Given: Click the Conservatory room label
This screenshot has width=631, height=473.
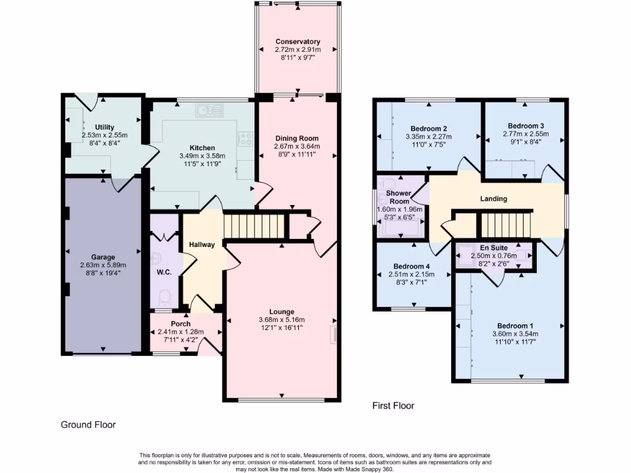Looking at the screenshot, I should [298, 41].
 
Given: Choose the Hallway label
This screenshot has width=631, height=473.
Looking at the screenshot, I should [202, 245].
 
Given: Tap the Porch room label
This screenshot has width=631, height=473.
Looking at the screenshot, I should [181, 324].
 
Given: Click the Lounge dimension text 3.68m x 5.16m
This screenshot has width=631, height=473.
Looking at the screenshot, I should [281, 320].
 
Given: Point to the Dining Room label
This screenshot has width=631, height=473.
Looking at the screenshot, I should [296, 138].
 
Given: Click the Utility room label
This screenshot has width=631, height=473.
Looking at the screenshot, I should [104, 127].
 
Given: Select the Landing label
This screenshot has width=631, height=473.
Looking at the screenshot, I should [494, 199].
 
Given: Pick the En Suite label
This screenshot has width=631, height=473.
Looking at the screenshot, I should [494, 248].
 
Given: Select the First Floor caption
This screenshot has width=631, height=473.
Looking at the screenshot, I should [393, 406].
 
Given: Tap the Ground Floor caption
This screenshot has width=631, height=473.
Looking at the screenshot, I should [88, 424].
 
